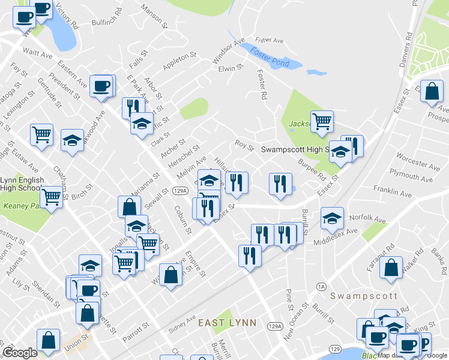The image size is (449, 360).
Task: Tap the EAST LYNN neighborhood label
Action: [228, 323]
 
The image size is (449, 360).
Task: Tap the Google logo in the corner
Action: [20, 353]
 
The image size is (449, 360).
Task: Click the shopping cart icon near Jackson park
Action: [322, 121]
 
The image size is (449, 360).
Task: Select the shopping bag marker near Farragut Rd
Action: [391, 269]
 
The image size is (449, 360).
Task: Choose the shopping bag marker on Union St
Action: [48, 340]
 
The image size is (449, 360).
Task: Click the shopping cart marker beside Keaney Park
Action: [52, 196]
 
